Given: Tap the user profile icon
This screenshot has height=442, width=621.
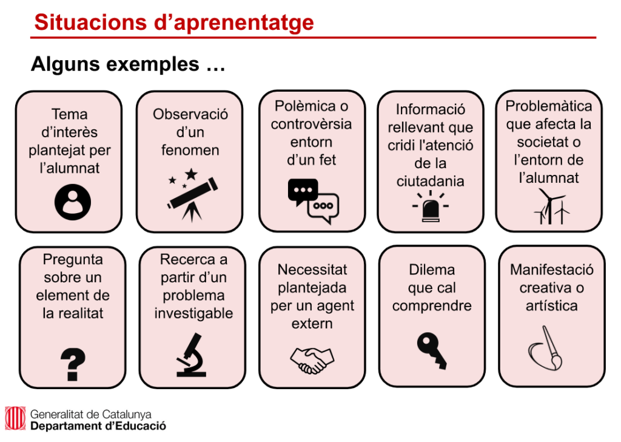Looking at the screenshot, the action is point(73,202).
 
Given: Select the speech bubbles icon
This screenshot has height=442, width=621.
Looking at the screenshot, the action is point(314,201).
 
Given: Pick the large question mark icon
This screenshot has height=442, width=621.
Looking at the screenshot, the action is point(73,364).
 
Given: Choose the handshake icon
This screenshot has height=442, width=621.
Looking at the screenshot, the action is point(312,360).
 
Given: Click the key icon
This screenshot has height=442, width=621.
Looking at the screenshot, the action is point(432,351).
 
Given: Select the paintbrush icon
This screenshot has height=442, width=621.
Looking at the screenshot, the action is point(545,348).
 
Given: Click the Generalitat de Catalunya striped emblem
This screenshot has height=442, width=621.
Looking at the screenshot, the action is point(15,418).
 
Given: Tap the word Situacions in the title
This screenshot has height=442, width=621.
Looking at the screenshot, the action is point(91,22).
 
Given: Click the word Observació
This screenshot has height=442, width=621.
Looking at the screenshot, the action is point(190,114).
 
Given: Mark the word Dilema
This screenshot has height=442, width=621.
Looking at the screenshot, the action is point(432,270).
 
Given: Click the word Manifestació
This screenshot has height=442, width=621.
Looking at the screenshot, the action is point(552,270).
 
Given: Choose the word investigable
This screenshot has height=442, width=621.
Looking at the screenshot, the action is point(193,313).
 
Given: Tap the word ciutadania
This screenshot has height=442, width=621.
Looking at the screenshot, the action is point(431,181).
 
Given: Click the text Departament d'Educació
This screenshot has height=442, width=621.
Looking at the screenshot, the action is point(98,426).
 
